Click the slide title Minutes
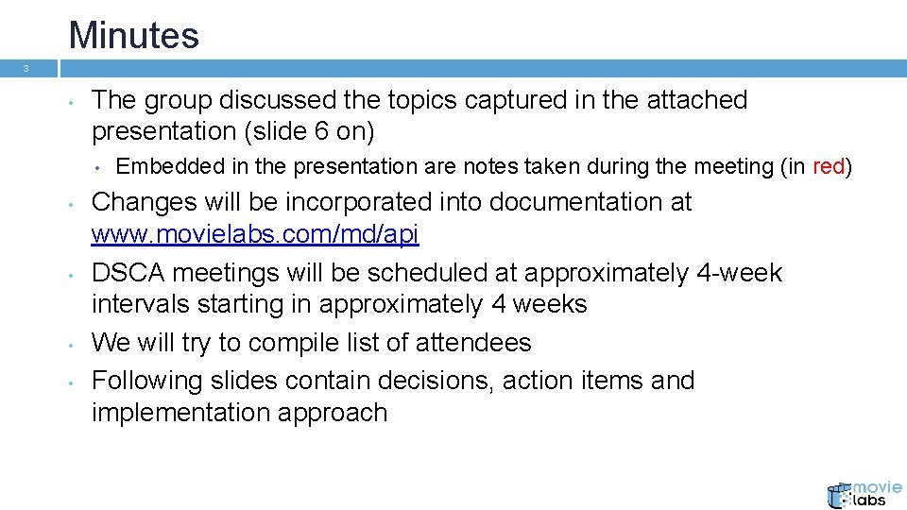[x=133, y=36]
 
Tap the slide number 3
[x=26, y=69]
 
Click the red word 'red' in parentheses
[x=829, y=167]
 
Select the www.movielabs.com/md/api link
[x=255, y=234]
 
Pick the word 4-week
[x=739, y=273]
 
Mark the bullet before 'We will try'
[x=71, y=343]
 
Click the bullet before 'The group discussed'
[x=71, y=101]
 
